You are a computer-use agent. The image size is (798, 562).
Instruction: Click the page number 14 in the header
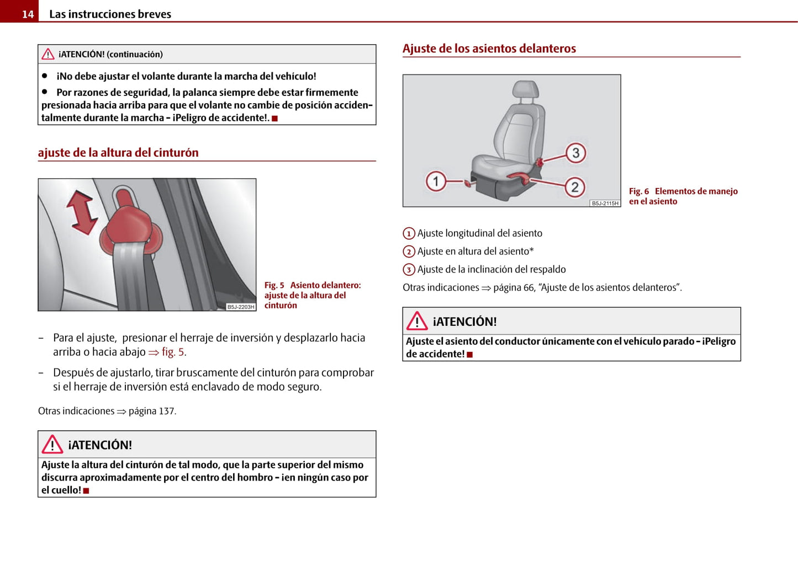28,14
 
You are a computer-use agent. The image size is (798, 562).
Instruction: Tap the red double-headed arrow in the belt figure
82,212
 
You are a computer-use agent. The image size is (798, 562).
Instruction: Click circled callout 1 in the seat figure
436,181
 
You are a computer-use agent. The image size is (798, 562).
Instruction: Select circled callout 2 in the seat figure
575,188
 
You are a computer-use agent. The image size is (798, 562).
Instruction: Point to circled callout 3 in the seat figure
575,153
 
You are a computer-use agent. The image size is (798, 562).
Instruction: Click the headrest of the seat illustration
525,90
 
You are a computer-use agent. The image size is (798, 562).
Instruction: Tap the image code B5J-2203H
241,307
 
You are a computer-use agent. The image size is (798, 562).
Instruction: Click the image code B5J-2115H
605,203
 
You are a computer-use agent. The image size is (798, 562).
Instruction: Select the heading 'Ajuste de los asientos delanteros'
489,49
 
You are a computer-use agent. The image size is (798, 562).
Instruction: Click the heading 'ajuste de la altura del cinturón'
118,153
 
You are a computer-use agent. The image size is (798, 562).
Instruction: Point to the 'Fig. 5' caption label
274,285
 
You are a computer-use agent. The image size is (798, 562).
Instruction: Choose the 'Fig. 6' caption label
639,191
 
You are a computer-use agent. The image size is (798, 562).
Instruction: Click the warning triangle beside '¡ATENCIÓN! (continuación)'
48,54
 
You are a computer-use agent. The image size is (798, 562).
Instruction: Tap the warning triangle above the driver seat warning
417,321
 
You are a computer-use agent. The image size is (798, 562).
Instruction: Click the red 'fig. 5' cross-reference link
173,352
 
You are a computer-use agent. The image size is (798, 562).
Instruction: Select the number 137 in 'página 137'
167,411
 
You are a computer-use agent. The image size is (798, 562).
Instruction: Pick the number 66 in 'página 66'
529,287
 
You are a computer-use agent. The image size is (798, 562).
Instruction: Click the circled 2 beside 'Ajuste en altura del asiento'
409,252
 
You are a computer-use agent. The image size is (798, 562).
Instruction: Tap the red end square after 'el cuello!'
86,490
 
